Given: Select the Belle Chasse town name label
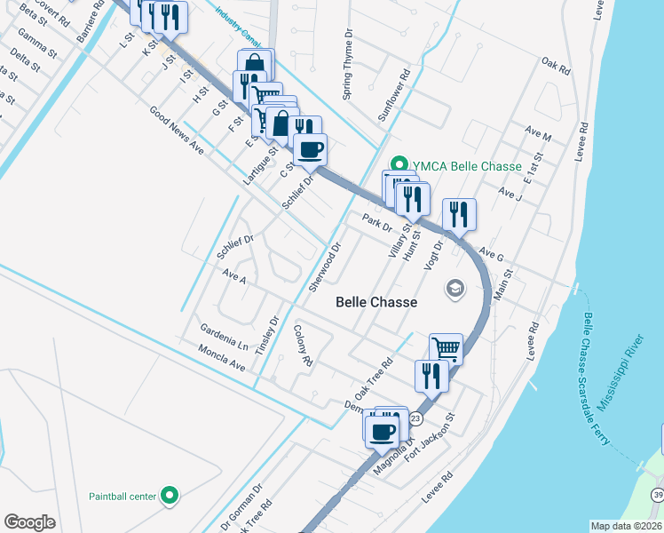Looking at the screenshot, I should (x=376, y=302).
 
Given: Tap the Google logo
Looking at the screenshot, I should (x=29, y=521).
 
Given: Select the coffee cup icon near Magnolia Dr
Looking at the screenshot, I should (x=383, y=433).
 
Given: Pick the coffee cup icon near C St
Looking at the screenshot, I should (x=310, y=149).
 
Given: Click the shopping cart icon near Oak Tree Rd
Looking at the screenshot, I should (x=446, y=348).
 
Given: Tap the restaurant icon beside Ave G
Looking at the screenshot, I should (x=459, y=214).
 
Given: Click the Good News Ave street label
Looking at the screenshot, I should (x=177, y=131).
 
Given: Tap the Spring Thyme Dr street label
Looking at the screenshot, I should (x=348, y=62).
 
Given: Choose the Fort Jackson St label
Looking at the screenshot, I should (x=430, y=436).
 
